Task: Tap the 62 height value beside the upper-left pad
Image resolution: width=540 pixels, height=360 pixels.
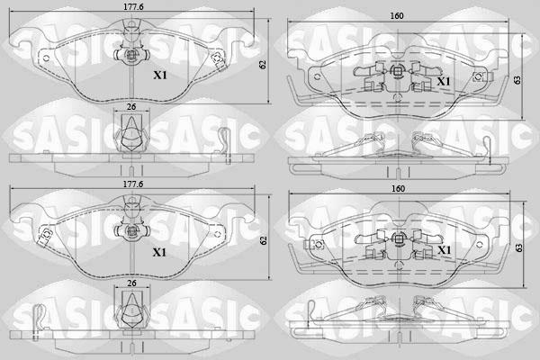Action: click(264, 65)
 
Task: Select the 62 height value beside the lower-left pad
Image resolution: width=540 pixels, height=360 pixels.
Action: click(264, 240)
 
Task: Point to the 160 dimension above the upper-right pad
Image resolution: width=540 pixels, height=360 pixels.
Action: click(397, 16)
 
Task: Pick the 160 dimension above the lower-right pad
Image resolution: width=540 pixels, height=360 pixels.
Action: click(398, 189)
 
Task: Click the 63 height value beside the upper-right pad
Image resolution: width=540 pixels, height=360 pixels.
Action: click(517, 80)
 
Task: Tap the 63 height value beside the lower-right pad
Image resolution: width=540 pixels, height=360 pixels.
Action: click(519, 247)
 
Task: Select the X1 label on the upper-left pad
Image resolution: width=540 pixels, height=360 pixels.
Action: click(160, 75)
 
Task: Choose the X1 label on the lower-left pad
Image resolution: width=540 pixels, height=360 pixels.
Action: click(159, 253)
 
